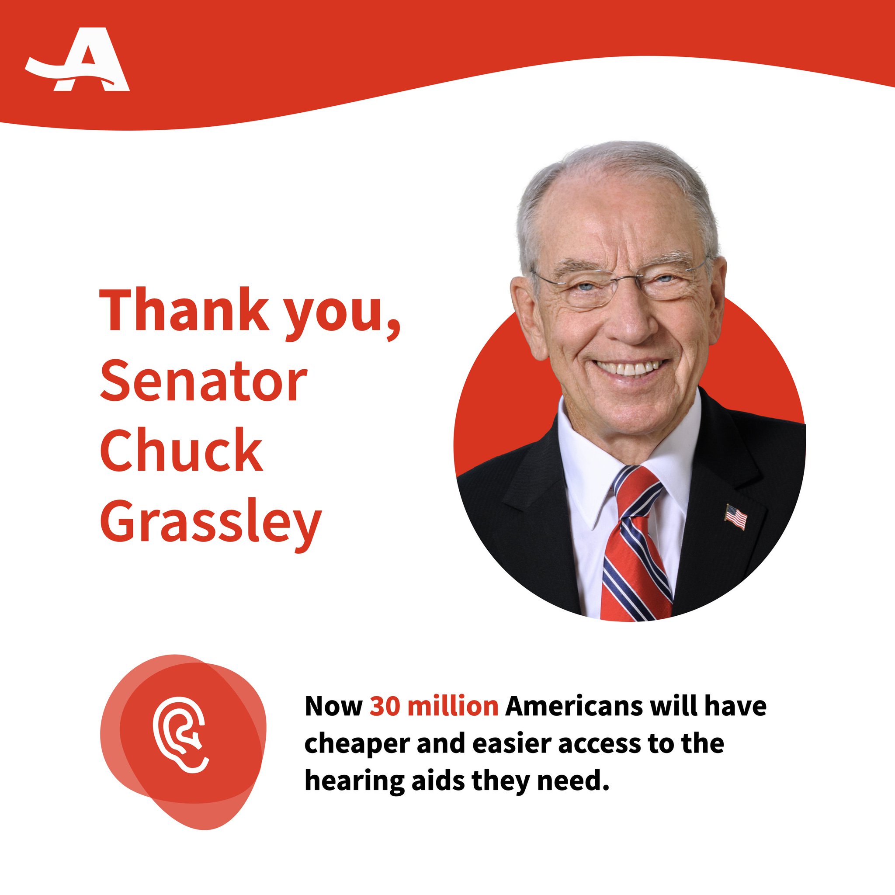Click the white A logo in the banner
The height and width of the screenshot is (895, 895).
click(x=78, y=60)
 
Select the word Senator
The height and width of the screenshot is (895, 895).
click(x=203, y=384)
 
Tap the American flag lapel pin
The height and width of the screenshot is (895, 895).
click(x=736, y=517)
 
